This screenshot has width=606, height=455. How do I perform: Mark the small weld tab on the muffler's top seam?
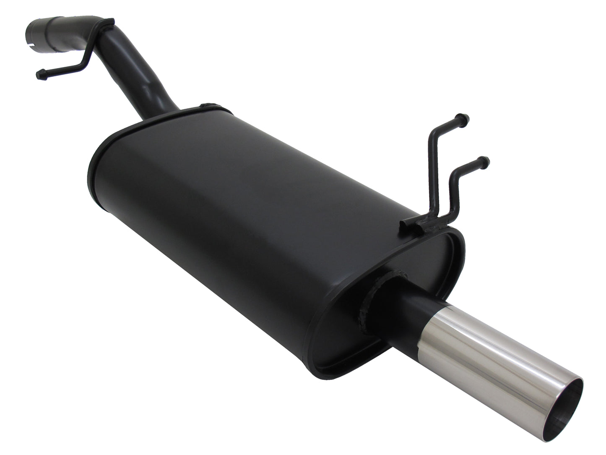point(207,107)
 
